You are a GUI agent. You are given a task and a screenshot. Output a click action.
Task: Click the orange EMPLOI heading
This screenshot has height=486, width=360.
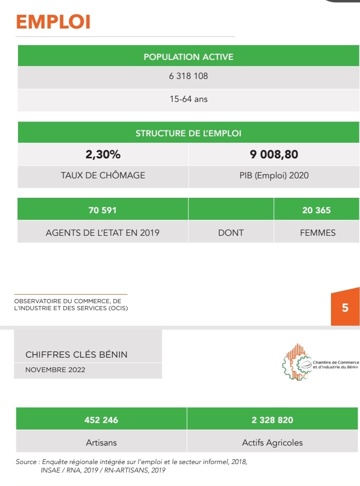click(53, 22)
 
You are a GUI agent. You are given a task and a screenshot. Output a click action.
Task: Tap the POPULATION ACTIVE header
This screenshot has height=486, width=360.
click(188, 57)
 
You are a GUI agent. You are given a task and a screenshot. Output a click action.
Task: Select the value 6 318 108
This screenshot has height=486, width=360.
click(188, 76)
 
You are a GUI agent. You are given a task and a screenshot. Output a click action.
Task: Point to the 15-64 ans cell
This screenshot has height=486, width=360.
click(188, 99)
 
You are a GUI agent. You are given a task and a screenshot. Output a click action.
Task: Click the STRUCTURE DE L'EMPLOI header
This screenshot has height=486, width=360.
click(188, 133)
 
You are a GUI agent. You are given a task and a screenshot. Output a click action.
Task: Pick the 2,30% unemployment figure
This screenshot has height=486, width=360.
click(103, 155)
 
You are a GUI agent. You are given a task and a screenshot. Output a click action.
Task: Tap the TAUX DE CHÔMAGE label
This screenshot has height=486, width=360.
click(103, 175)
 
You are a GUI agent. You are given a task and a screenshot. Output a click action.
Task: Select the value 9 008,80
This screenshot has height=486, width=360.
click(274, 155)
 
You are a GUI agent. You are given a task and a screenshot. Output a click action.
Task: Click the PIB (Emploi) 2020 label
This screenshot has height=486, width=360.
click(274, 175)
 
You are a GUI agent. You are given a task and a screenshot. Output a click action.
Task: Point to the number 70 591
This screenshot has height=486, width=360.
click(102, 210)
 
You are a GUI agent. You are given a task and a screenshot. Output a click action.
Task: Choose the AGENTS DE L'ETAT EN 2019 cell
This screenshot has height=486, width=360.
click(102, 232)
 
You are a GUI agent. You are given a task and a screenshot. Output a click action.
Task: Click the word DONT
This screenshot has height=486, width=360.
click(230, 232)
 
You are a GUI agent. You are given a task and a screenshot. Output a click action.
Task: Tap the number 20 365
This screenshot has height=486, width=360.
click(316, 210)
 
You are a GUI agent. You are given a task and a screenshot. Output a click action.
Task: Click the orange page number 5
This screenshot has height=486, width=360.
click(345, 308)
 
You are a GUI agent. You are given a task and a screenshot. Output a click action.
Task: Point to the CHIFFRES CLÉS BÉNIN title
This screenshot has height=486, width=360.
click(76, 355)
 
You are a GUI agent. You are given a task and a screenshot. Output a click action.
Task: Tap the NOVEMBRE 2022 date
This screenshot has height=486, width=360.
click(55, 370)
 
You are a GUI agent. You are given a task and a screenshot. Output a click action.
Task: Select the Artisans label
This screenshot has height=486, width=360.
click(101, 443)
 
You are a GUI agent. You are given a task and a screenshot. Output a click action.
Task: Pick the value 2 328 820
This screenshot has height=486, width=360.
click(272, 420)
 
